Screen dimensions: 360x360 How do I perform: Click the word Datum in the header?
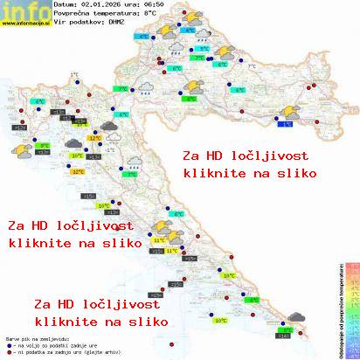pyautogui.click(x=65, y=3)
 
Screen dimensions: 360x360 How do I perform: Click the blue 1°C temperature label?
pyautogui.click(x=287, y=124)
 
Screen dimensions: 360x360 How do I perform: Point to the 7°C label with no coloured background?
pyautogui.click(x=252, y=66)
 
